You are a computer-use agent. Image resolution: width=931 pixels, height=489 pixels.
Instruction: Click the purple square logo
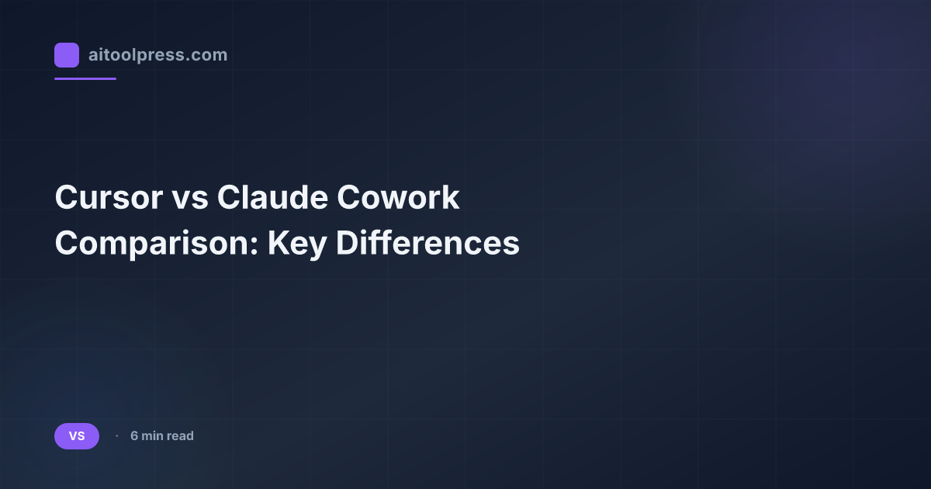pyautogui.click(x=67, y=55)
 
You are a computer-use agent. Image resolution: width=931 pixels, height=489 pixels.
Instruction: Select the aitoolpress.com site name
pyautogui.click(x=157, y=55)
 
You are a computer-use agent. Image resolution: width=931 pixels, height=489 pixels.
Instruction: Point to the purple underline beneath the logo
pyautogui.click(x=85, y=78)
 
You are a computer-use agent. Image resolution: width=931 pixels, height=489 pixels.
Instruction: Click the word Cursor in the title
pyautogui.click(x=104, y=199)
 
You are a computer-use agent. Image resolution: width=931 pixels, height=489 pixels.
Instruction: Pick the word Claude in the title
pyautogui.click(x=271, y=199)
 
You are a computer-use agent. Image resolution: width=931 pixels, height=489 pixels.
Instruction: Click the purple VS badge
pyautogui.click(x=77, y=436)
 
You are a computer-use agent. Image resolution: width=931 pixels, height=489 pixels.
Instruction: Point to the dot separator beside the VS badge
pyautogui.click(x=116, y=436)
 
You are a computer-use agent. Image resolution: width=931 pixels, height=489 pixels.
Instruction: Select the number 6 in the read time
pyautogui.click(x=134, y=436)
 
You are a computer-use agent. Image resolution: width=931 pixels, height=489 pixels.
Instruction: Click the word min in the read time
pyautogui.click(x=152, y=436)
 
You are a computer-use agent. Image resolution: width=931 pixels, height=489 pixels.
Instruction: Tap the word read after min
pyautogui.click(x=180, y=436)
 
